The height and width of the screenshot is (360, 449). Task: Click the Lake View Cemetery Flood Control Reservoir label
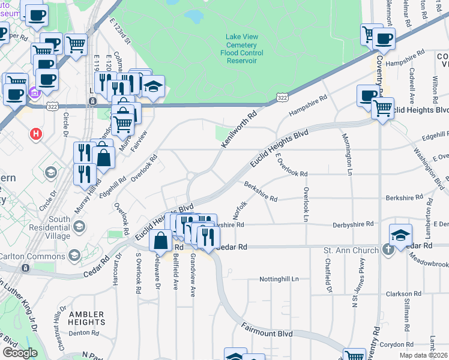[x=241, y=49]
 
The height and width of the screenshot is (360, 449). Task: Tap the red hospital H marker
[x=36, y=133]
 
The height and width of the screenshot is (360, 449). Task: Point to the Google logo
[x=19, y=353]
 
